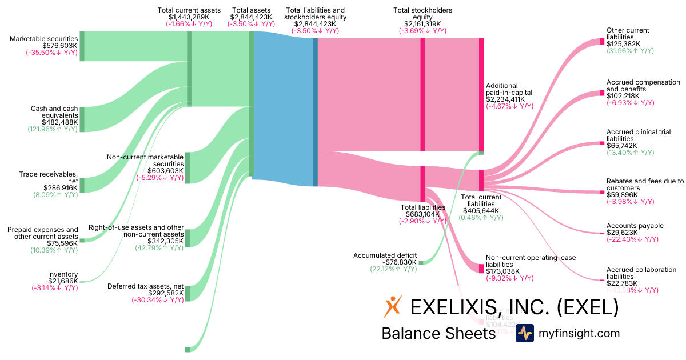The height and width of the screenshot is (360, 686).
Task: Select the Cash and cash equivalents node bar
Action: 82,119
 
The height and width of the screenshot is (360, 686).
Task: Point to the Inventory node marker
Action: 82,281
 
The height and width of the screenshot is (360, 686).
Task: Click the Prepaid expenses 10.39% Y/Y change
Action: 54,250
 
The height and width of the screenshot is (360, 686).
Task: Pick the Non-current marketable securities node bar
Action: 188,167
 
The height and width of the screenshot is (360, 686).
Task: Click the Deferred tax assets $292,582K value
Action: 166,293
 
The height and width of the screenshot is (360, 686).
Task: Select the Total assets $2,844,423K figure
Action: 251,17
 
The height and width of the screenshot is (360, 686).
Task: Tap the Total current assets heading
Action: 189,10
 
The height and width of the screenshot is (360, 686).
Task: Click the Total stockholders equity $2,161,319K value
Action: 422,24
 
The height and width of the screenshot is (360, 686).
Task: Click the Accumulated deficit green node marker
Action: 421,262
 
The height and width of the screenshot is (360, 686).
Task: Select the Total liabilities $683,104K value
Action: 423,215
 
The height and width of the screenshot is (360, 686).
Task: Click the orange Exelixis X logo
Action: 393,307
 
